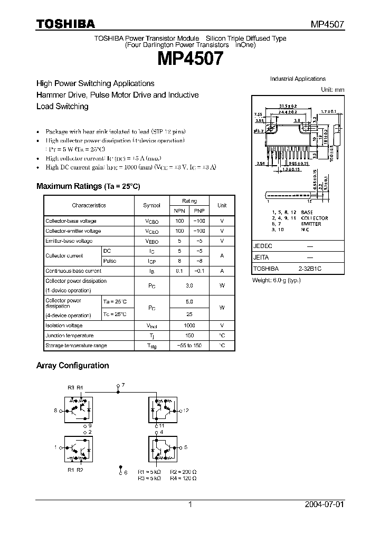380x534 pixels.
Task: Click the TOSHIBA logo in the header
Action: pyautogui.click(x=65, y=23)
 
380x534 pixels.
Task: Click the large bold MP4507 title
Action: pyautogui.click(x=189, y=58)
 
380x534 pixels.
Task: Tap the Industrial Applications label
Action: pyautogui.click(x=298, y=79)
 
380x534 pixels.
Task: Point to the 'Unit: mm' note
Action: pyautogui.click(x=332, y=90)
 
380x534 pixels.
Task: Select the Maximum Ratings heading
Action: pyautogui.click(x=88, y=186)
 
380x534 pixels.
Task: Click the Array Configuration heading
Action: pyautogui.click(x=72, y=365)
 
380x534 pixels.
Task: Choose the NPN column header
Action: pyautogui.click(x=179, y=211)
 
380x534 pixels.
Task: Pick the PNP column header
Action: pyautogui.click(x=199, y=211)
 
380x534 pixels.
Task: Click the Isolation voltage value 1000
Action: pyautogui.click(x=189, y=326)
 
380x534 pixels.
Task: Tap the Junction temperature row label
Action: pyautogui.click(x=69, y=336)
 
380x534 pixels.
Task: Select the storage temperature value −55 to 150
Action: pyautogui.click(x=189, y=346)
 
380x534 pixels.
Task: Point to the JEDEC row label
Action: pyautogui.click(x=262, y=246)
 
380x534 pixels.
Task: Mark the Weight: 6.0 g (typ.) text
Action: pyautogui.click(x=277, y=280)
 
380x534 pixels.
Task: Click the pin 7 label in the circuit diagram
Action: pyautogui.click(x=122, y=386)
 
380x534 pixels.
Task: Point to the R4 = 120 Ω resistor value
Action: pyautogui.click(x=183, y=478)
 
